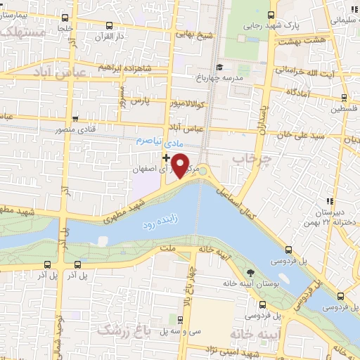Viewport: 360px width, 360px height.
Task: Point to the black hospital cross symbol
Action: pyautogui.click(x=166, y=157)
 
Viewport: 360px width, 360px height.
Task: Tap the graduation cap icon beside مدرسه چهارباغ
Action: pyautogui.click(x=220, y=67)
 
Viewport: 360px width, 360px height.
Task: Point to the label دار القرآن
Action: pyautogui.click(x=110, y=34)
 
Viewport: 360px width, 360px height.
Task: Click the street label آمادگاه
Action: pyautogui.click(x=300, y=92)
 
